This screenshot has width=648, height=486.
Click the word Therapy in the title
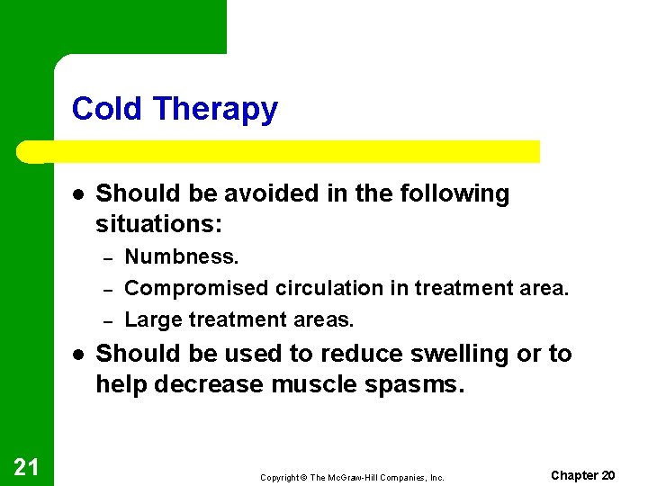215,110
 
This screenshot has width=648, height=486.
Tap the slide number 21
26,466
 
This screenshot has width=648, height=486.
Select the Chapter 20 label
582,475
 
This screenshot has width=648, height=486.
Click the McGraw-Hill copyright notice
352,477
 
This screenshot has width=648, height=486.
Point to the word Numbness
182,256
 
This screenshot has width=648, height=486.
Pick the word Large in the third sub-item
149,320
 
